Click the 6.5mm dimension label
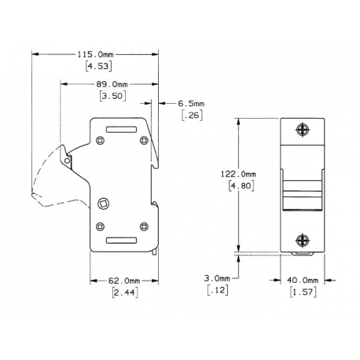[191, 103]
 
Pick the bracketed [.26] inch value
[190, 116]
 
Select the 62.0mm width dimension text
[124, 280]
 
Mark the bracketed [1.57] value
[302, 292]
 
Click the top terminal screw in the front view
[303, 130]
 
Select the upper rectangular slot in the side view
[121, 127]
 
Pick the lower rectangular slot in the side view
[122, 241]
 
